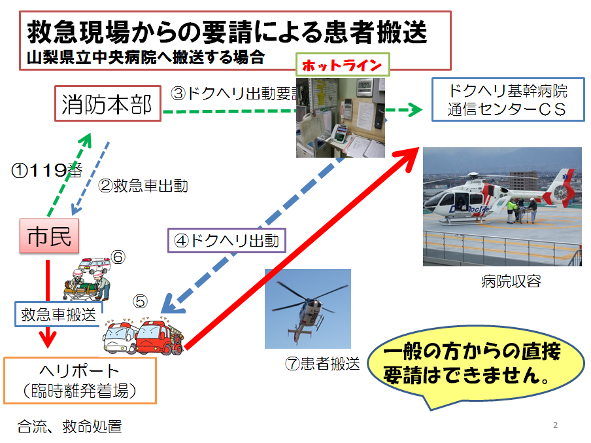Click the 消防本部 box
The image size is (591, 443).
107,104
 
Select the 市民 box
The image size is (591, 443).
49,238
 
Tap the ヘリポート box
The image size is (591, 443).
80,380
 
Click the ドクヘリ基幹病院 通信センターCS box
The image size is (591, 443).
507,100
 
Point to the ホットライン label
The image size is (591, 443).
342,65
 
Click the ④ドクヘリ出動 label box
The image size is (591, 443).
226,240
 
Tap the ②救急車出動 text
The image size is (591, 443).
143,186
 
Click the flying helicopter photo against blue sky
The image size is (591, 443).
307,308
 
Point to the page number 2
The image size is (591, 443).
555,425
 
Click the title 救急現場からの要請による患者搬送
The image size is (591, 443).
228,30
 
